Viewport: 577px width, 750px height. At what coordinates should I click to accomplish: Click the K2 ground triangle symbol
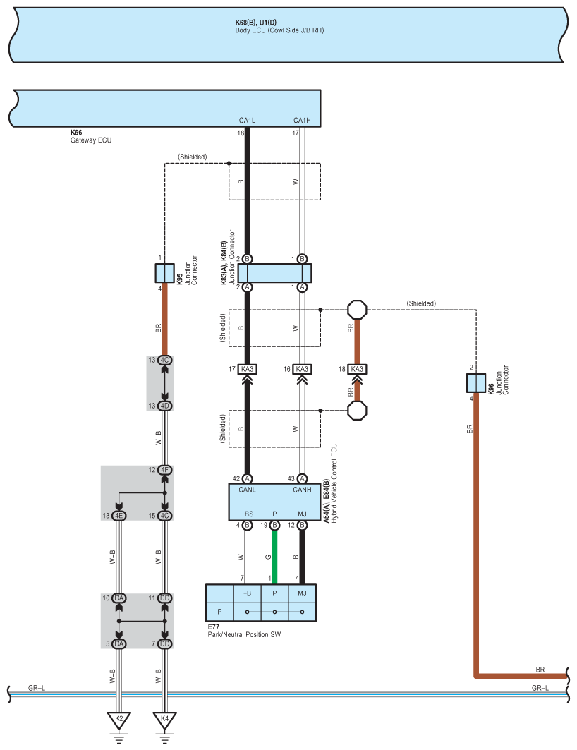click(x=119, y=720)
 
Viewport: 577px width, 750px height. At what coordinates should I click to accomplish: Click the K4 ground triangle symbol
click(x=164, y=720)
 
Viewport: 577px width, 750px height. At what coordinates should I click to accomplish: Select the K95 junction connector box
click(x=164, y=273)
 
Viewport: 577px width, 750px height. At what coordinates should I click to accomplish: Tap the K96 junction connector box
click(x=476, y=383)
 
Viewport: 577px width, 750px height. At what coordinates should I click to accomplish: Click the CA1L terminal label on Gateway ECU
click(x=247, y=121)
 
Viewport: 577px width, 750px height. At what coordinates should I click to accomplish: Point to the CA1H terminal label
click(x=302, y=121)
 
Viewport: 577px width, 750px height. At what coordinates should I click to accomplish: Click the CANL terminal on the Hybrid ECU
click(x=247, y=490)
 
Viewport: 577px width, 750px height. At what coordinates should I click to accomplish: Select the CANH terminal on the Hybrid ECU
click(x=302, y=490)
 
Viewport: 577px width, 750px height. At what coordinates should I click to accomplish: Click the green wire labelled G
click(x=274, y=557)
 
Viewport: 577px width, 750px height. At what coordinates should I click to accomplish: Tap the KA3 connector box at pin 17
click(x=247, y=369)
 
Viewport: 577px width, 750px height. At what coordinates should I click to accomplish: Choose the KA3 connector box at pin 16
click(x=302, y=369)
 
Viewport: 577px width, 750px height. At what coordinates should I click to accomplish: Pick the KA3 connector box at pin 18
click(x=357, y=369)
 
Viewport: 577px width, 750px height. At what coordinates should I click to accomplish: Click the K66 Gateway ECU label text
click(x=91, y=136)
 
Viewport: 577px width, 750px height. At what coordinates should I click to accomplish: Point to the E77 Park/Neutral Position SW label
click(x=244, y=631)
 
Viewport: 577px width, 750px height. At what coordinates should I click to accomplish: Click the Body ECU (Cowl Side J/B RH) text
click(x=279, y=30)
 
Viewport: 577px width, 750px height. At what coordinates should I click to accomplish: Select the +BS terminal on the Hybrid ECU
click(x=247, y=514)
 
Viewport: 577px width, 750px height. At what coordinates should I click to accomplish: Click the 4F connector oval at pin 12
click(x=165, y=470)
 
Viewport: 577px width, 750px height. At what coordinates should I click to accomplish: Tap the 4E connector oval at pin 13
click(x=119, y=516)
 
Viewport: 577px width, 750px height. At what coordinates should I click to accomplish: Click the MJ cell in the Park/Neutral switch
click(x=302, y=593)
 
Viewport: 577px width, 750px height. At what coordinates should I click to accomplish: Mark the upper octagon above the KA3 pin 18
click(x=357, y=310)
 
